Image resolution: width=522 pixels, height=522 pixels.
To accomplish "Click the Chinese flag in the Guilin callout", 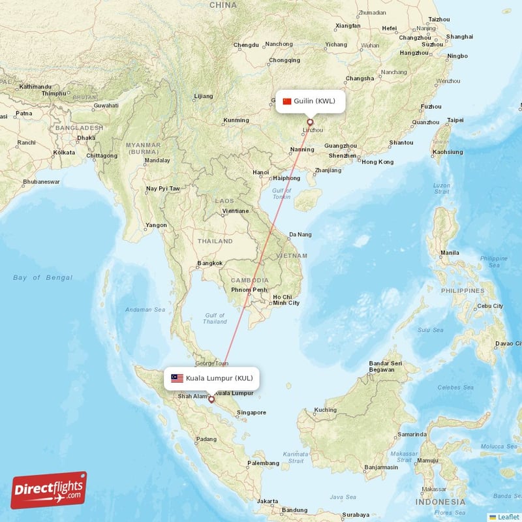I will coord(287,101).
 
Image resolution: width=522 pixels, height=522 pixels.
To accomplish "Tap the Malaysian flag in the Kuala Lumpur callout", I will coord(177,378).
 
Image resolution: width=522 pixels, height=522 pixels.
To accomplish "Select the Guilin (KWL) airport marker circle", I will coord(310,121).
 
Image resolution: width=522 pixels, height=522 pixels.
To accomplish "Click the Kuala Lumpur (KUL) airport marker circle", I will coord(211,399).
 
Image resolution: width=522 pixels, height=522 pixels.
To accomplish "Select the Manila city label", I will coord(450,253).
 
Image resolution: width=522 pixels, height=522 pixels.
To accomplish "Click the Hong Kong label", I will coord(378,162).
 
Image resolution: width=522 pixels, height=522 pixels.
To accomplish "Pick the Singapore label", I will coord(251,412).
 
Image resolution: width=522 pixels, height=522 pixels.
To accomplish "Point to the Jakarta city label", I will coord(268,501).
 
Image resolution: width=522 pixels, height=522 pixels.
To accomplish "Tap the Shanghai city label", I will coord(460,37).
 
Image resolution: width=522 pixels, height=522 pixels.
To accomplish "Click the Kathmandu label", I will coord(35,87).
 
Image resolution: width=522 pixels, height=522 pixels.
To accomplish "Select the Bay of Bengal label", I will coord(42,278).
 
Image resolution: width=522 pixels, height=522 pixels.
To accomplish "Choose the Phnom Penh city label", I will coord(249,290).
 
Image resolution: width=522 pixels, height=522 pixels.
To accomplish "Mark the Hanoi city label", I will coord(260,173).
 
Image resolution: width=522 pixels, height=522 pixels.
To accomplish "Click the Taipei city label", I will coord(455,120).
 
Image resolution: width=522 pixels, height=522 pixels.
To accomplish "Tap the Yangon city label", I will coord(156,225).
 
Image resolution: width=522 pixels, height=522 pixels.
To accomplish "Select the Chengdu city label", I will coord(247,45).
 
